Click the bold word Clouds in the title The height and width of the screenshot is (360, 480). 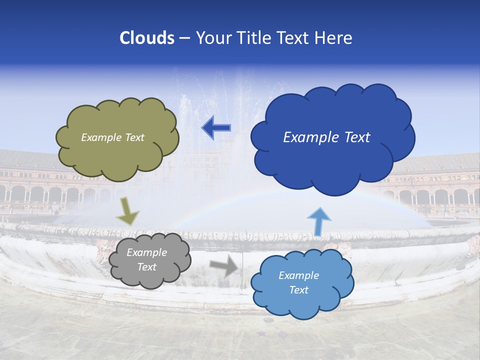147,38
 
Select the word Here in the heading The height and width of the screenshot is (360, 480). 334,38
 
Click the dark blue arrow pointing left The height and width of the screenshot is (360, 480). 216,127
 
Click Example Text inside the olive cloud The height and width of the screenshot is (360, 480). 112,137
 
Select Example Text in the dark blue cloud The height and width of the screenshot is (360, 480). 326,137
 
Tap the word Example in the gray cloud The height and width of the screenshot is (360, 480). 146,253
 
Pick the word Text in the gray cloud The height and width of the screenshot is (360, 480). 146,267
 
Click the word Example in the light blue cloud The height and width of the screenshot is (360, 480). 298,275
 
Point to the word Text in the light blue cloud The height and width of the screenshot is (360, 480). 298,290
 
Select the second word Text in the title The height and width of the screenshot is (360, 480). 295,38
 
